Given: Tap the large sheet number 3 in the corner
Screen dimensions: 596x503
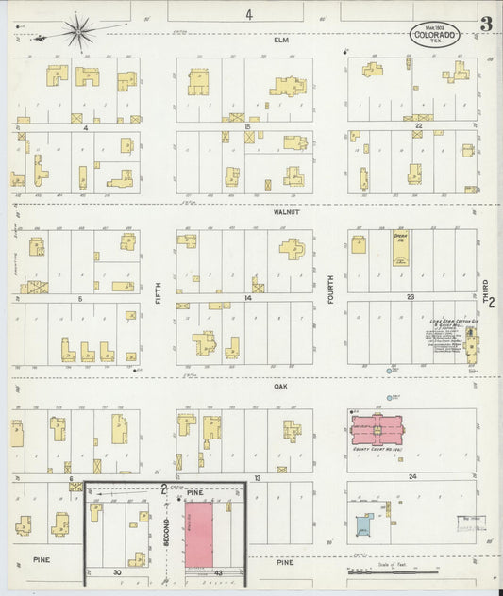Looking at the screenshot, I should (x=484, y=25).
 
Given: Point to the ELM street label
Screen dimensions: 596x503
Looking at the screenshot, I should (x=280, y=41).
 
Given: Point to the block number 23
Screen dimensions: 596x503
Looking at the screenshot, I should (x=411, y=297).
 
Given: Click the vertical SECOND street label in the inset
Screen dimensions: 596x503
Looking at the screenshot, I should (x=167, y=533).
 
